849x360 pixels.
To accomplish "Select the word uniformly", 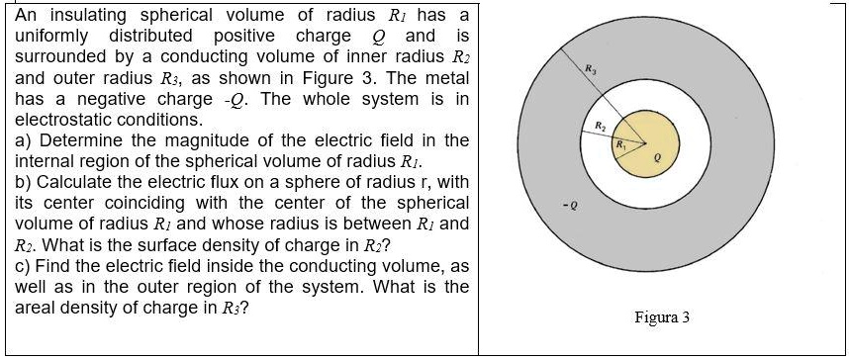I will click(57, 35).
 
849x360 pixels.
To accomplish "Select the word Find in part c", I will click(57, 266).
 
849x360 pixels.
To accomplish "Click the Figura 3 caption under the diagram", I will click(662, 317).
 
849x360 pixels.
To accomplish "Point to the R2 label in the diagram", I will click(601, 125).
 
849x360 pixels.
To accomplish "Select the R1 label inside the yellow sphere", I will click(622, 145).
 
